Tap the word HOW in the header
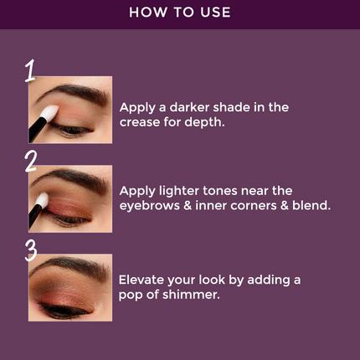coord(147,13)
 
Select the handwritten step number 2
coord(31,159)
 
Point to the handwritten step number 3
coord(31,249)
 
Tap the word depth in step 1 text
coord(207,122)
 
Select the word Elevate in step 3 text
coord(143,280)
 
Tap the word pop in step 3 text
coord(134,296)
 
